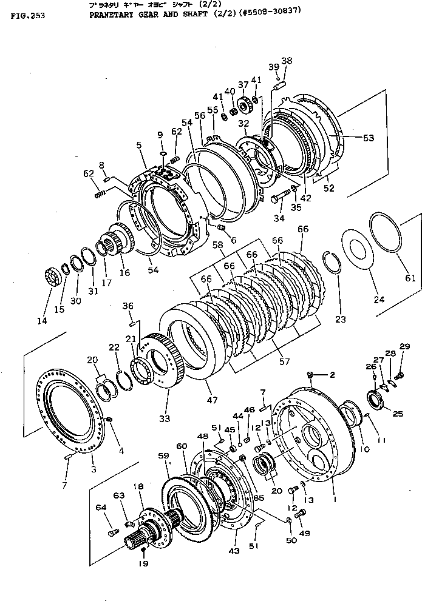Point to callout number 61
tap(410, 279)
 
